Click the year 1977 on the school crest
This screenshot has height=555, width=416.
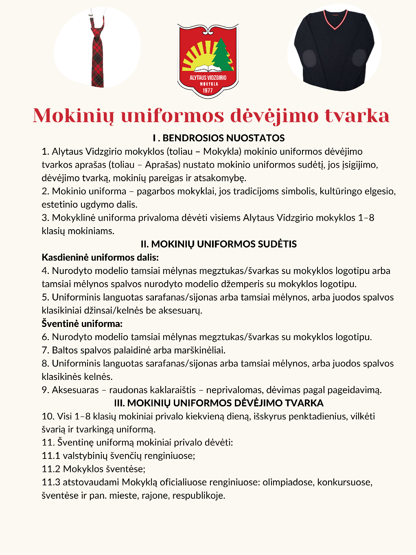point(208,90)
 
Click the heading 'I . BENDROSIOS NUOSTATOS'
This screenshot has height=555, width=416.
point(219,138)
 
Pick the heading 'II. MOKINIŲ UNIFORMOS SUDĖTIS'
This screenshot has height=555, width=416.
point(219,244)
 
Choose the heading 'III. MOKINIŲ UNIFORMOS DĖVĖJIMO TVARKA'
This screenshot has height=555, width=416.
point(219,403)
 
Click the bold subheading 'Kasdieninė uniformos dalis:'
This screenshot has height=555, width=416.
point(100,257)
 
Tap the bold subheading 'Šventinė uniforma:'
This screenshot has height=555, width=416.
point(82,324)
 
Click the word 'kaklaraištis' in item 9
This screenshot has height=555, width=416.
point(173,390)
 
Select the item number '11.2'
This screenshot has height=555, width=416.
point(51,469)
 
